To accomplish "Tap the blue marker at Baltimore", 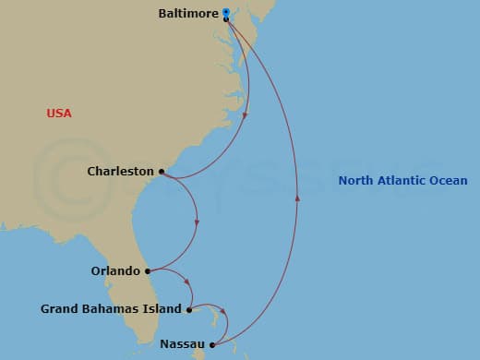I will point(226,12).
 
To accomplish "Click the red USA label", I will point(59,114).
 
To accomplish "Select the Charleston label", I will point(120,171).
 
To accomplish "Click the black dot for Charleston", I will point(162,172).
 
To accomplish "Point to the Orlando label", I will point(115,271).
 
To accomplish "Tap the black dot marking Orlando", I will point(148,271).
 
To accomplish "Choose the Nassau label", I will point(178,344).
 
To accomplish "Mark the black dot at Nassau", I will point(212,345).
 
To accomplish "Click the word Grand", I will point(58,309).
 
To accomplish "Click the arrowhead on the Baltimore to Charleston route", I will point(246,115).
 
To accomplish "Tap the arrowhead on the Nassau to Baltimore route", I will point(297,196).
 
